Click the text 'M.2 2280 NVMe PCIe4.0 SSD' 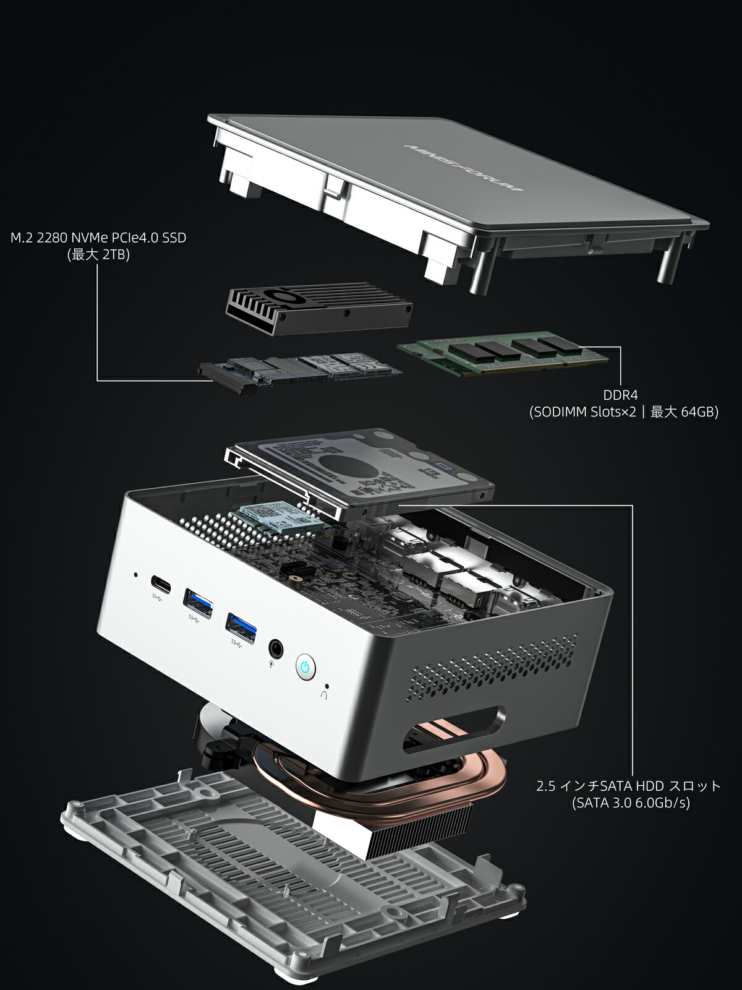(x=98, y=238)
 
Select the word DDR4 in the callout (x=620, y=394)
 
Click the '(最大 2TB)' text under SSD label (x=98, y=255)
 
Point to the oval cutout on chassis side (x=454, y=731)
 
